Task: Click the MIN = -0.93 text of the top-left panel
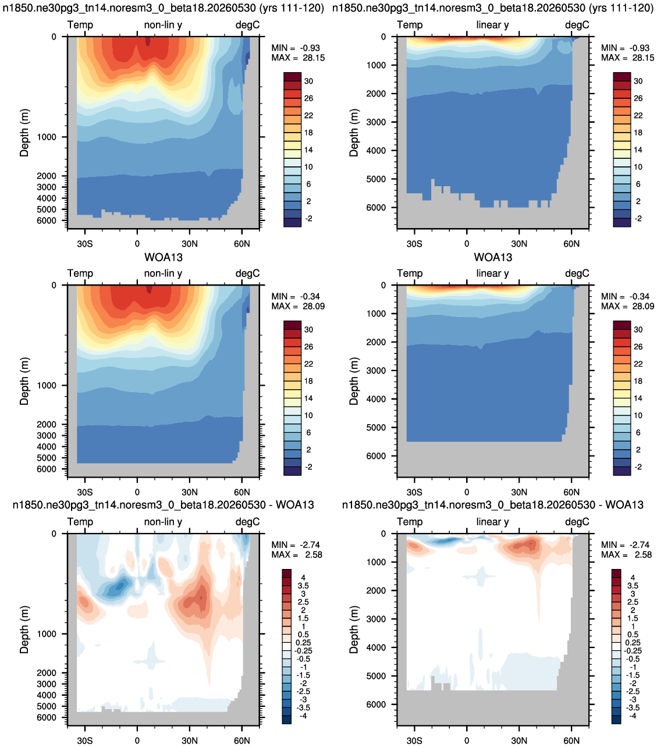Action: click(x=296, y=48)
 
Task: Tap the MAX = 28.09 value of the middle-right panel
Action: click(x=627, y=306)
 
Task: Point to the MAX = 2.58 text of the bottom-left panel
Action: click(x=297, y=554)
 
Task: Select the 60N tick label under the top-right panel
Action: click(x=571, y=244)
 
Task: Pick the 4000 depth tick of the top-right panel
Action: click(x=376, y=151)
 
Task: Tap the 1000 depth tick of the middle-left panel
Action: click(x=47, y=385)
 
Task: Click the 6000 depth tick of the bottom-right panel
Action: click(x=376, y=704)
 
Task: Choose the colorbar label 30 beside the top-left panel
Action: click(x=308, y=81)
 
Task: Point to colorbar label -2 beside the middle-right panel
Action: click(x=638, y=467)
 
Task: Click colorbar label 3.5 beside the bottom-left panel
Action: click(x=303, y=585)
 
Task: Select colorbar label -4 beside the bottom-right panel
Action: click(x=633, y=716)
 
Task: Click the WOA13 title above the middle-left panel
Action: click(x=163, y=257)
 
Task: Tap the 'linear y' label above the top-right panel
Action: click(x=492, y=24)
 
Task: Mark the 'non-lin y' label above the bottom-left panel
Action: click(x=163, y=522)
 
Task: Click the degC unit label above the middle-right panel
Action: click(x=577, y=273)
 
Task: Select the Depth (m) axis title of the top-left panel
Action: click(x=24, y=133)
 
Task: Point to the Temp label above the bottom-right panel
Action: click(x=410, y=522)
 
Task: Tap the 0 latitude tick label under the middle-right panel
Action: click(x=467, y=492)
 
